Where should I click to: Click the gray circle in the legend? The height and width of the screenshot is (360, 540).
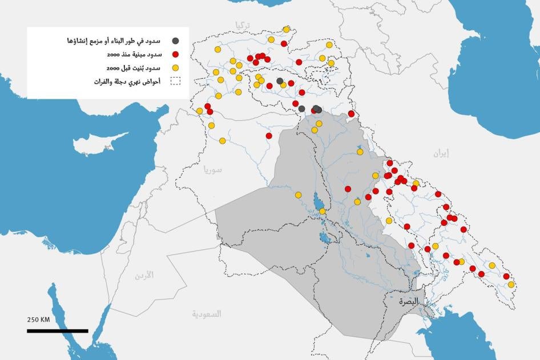pos(176,41)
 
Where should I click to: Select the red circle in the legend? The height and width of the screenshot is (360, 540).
pos(176,55)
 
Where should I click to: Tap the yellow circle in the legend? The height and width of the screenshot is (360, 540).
pos(176,68)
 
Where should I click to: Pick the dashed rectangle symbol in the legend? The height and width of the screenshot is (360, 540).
pos(175,82)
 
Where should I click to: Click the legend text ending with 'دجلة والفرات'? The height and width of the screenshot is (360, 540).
pos(128,82)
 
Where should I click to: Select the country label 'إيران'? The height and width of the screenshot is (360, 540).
pos(440,153)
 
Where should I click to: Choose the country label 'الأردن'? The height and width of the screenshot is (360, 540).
pos(144,276)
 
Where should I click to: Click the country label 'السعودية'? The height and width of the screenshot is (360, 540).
pos(207,314)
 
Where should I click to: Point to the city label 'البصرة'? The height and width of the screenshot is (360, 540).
pos(409,301)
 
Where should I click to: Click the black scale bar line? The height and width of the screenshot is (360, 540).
pos(57,330)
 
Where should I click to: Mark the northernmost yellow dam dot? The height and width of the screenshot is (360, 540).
pos(286,29)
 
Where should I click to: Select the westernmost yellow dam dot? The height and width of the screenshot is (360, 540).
pos(199,111)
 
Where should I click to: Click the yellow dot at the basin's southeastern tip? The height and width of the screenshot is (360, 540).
pos(511,284)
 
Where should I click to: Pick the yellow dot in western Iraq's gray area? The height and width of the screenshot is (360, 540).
pos(298,195)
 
